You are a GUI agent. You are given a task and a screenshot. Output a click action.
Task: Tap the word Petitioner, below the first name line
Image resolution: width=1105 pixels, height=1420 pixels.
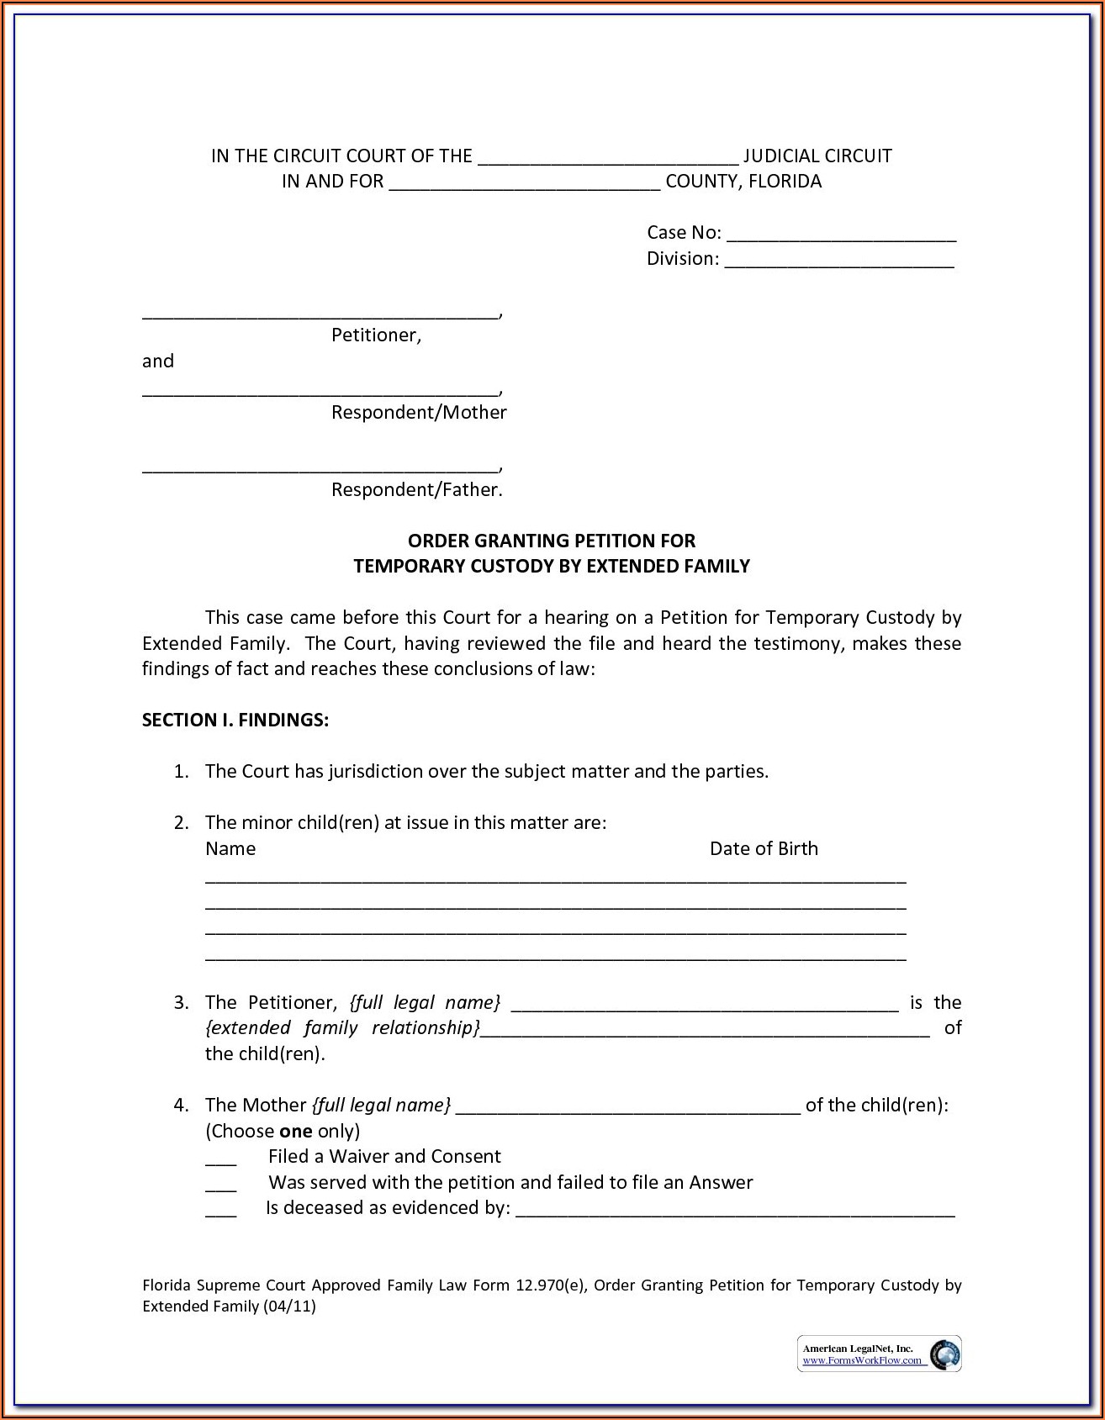pyautogui.click(x=376, y=335)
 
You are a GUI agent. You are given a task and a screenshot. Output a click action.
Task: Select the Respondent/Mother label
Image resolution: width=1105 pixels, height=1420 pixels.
pyautogui.click(x=419, y=413)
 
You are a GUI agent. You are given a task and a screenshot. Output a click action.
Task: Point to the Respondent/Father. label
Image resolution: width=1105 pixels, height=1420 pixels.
pyautogui.click(x=416, y=490)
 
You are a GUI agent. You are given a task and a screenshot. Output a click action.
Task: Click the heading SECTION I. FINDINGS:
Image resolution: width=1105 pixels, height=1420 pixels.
pyautogui.click(x=235, y=721)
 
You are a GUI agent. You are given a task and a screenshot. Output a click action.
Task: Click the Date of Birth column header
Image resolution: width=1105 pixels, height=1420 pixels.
pyautogui.click(x=764, y=849)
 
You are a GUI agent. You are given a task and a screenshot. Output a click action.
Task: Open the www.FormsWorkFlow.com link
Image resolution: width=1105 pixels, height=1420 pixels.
pyautogui.click(x=862, y=1361)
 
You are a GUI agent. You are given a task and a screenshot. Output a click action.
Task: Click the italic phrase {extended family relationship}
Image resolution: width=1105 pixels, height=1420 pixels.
pyautogui.click(x=342, y=1028)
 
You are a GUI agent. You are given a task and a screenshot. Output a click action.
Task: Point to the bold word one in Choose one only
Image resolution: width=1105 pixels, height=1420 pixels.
pyautogui.click(x=295, y=1132)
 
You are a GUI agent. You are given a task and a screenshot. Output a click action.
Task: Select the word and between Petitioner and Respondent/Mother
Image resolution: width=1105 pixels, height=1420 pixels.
pyautogui.click(x=158, y=362)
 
